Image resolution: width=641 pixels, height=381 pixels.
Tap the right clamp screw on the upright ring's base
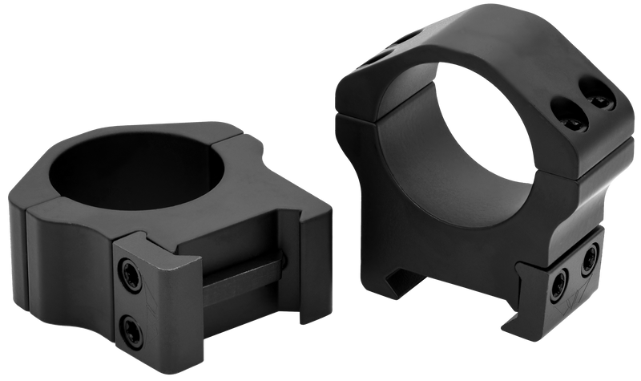point(591,257)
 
